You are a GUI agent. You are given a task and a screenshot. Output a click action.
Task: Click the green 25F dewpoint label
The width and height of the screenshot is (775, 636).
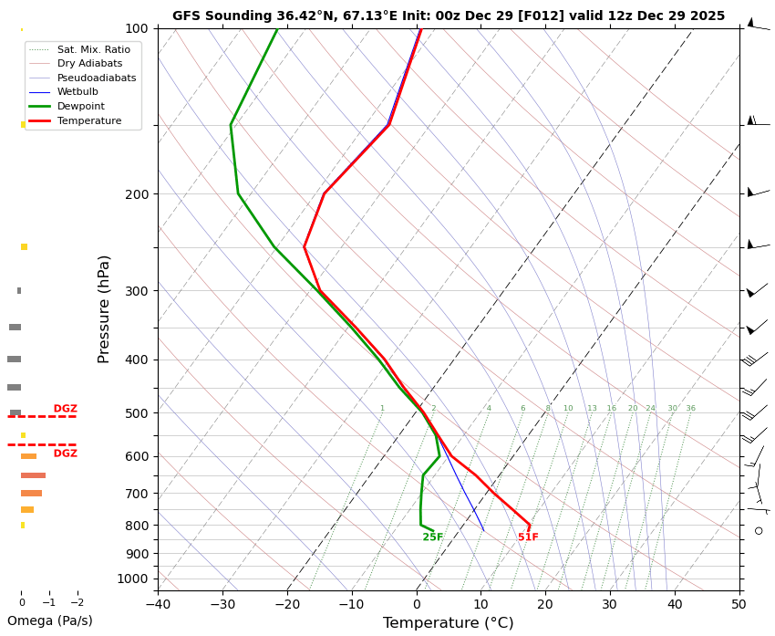[432, 537]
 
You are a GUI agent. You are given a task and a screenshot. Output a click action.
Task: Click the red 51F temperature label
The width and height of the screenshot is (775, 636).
[528, 537]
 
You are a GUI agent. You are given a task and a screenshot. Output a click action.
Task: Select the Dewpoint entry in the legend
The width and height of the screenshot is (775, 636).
[77, 106]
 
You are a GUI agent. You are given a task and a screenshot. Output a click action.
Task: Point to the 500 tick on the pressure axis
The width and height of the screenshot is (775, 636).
[136, 413]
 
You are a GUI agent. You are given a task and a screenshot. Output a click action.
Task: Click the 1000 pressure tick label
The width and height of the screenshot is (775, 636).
[132, 579]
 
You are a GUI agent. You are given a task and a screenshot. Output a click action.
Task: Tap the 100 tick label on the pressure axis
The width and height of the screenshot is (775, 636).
[136, 28]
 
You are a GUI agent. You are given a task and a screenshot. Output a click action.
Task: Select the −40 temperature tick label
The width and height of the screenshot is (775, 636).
[158, 603]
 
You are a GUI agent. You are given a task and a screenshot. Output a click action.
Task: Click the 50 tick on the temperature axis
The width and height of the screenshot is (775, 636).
[739, 603]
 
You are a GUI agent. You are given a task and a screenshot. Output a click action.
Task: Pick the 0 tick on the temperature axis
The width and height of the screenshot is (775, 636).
[417, 603]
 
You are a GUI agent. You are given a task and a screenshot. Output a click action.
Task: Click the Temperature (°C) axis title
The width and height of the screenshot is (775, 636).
[448, 623]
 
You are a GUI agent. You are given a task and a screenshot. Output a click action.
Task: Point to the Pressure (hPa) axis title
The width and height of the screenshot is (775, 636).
[105, 308]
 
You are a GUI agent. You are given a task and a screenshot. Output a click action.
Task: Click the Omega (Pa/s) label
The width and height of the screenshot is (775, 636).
[49, 621]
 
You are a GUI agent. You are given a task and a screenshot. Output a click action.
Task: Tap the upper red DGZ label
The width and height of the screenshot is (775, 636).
[65, 409]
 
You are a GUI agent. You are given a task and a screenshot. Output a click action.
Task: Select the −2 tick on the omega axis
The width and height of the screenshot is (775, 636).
[77, 602]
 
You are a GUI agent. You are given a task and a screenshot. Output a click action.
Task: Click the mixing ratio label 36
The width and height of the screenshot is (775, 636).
[690, 409]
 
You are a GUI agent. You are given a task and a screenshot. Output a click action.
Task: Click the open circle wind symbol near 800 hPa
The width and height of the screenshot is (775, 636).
[759, 530]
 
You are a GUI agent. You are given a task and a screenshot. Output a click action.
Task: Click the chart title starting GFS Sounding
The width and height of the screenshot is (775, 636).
[448, 16]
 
